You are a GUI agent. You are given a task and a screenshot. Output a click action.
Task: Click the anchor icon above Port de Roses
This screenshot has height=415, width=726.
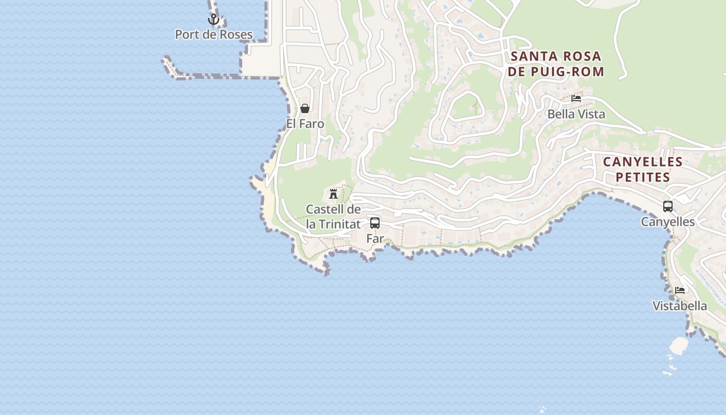tap(213, 20)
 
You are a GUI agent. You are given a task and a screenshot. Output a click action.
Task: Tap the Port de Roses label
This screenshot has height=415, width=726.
tap(214, 35)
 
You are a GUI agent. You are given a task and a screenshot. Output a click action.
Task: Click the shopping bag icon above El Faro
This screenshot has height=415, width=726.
tap(305, 108)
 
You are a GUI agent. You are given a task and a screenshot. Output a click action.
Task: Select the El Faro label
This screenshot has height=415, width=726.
tap(305, 124)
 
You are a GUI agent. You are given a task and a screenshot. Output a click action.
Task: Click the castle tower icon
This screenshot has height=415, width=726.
tap(333, 195)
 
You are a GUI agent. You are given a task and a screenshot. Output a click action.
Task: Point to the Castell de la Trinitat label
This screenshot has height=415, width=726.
tap(333, 217)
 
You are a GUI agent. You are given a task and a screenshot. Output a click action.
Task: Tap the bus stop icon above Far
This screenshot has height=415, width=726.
tap(375, 224)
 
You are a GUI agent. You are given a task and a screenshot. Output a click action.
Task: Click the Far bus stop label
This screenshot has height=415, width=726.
tap(375, 239)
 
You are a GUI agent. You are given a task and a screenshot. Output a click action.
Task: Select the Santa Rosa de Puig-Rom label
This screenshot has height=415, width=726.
tap(556, 64)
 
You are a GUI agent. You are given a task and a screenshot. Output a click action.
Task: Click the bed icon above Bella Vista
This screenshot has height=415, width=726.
tap(576, 98)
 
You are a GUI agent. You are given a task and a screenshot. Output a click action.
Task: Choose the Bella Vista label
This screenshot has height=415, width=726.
tap(576, 114)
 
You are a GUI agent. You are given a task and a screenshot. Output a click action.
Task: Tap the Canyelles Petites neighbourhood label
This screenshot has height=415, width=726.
tap(643, 170)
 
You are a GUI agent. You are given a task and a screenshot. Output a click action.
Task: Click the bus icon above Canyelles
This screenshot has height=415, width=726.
tap(668, 206)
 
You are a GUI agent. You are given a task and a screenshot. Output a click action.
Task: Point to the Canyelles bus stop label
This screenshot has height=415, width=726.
tap(668, 222)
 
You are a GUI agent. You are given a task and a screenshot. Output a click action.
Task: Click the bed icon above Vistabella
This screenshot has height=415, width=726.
tap(680, 290)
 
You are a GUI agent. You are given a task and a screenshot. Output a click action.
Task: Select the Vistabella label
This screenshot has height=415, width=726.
tap(680, 306)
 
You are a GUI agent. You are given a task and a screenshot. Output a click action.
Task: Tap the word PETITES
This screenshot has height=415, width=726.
tap(643, 177)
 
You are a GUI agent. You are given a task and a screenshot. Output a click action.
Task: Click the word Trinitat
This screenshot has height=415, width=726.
tap(333, 225)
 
